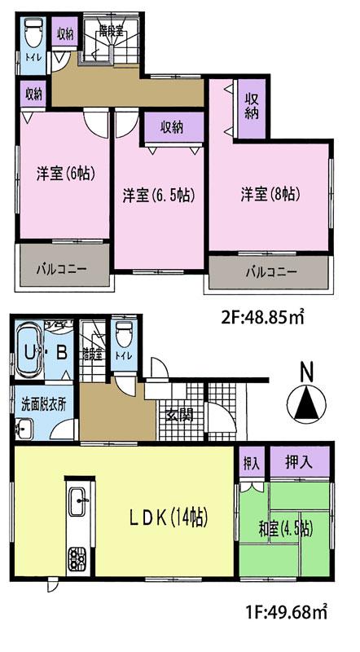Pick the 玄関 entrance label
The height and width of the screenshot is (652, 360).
pos(179,415)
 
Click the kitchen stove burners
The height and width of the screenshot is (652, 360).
pos(77,559)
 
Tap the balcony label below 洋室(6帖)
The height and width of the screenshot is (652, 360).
pos(62,267)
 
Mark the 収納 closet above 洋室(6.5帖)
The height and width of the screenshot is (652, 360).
pos(170,127)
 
